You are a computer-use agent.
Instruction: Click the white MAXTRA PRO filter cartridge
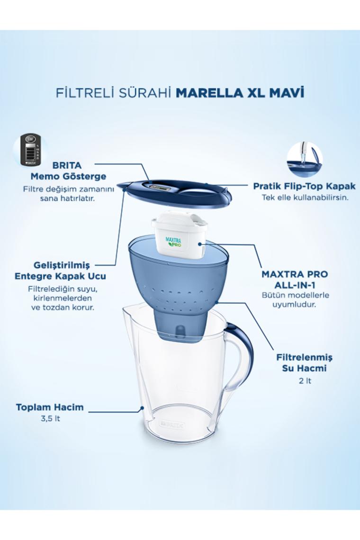180,233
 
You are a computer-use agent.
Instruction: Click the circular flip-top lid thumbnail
305,159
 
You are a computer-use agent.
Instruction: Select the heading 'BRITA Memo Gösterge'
68,171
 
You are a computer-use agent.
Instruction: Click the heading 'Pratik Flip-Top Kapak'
304,186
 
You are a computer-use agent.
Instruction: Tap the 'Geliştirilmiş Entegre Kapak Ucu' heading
60,270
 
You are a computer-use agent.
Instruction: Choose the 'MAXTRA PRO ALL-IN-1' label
295,279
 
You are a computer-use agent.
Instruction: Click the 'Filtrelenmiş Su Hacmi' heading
304,363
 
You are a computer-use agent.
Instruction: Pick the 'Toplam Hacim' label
50,407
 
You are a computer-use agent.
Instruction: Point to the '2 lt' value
306,381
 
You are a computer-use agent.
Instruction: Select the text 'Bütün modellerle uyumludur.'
295,300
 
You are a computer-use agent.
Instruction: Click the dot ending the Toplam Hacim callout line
142,409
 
